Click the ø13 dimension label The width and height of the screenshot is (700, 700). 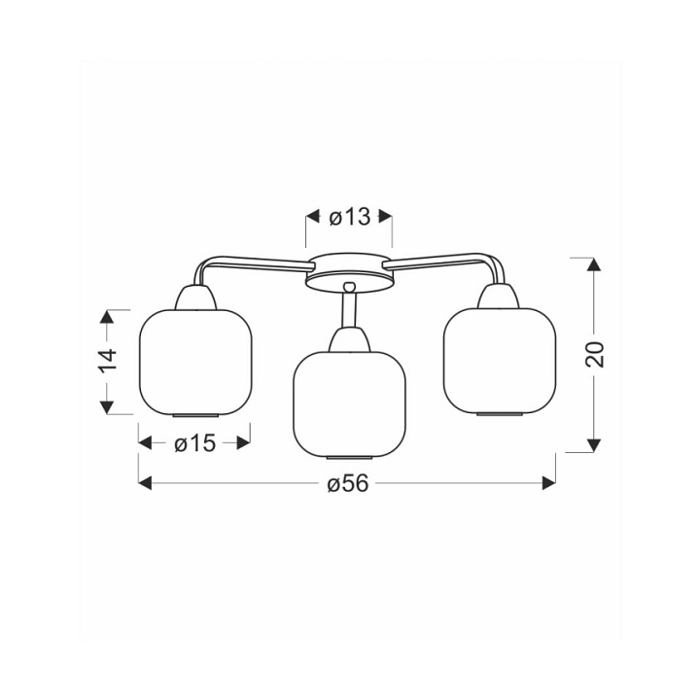[x=350, y=218]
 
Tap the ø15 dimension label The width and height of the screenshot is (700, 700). [x=195, y=443]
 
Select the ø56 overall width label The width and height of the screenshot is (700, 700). [x=348, y=483]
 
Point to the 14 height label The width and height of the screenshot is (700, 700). [x=108, y=361]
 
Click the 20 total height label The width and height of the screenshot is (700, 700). [x=594, y=355]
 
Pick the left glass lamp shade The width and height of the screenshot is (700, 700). [x=196, y=363]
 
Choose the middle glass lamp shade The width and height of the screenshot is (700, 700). [x=350, y=405]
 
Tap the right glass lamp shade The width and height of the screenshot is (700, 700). [x=500, y=362]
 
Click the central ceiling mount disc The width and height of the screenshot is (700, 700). [x=350, y=273]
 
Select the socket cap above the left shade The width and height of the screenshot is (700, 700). [x=195, y=297]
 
